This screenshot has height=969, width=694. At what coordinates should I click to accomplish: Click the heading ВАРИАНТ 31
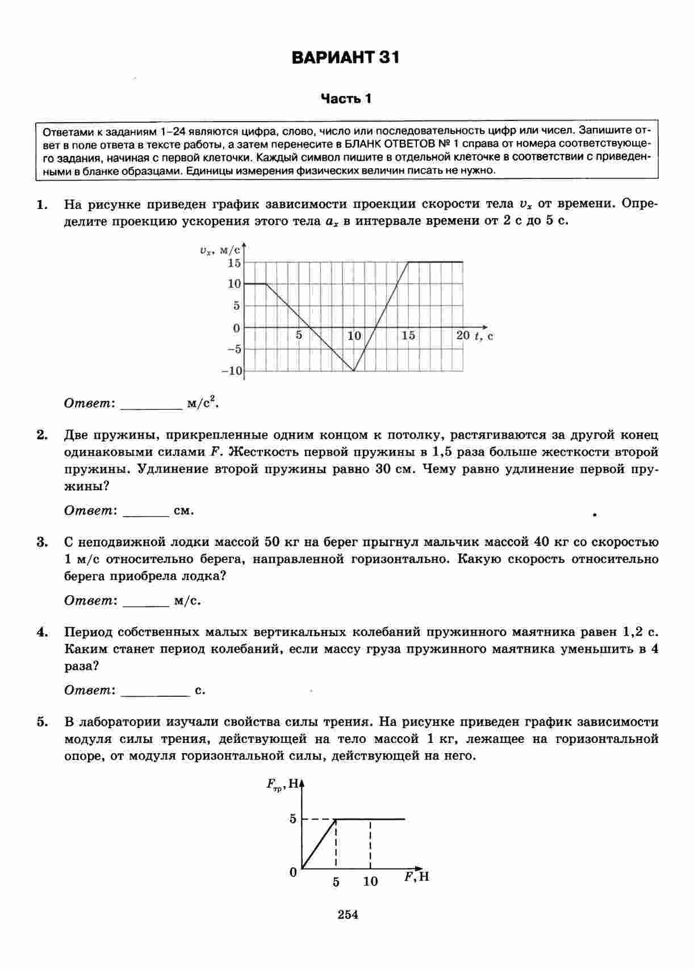[x=346, y=58]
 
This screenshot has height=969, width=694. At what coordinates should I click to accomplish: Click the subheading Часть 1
[x=346, y=99]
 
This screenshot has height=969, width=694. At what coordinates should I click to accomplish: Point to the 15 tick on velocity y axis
[x=234, y=263]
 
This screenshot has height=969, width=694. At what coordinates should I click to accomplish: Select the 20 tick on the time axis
[x=463, y=336]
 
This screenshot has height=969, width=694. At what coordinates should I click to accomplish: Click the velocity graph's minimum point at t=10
[x=354, y=371]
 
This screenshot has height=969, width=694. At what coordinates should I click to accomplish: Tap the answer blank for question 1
[x=150, y=404]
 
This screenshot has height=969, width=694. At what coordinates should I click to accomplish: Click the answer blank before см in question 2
[x=146, y=511]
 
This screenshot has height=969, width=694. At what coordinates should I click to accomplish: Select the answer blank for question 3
[x=146, y=601]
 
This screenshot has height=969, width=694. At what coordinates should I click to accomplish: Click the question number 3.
[x=42, y=542]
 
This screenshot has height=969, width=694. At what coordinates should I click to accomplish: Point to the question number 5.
[x=42, y=722]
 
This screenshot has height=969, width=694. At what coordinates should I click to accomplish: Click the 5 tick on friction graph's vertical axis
[x=293, y=819]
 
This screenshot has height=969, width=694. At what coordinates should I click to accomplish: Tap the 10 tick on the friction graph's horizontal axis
[x=370, y=882]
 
